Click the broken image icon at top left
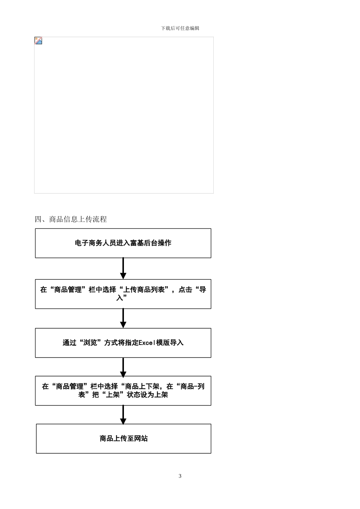pyautogui.click(x=38, y=41)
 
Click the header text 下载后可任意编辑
pyautogui.click(x=180, y=28)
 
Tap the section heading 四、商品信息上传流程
pyautogui.click(x=71, y=219)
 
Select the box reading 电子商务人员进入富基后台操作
pyautogui.click(x=123, y=243)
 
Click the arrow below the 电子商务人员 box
pyautogui.click(x=123, y=268)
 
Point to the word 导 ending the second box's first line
pyautogui.click(x=203, y=290)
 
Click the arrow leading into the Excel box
pyautogui.click(x=123, y=318)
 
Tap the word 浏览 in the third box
pyautogui.click(x=91, y=343)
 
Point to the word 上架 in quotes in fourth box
pyautogui.click(x=113, y=395)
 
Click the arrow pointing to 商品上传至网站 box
pyautogui.click(x=123, y=415)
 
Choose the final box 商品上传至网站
pyautogui.click(x=124, y=439)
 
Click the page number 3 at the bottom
pyautogui.click(x=180, y=476)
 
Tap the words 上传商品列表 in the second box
pyautogui.click(x=144, y=290)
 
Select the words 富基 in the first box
pyautogui.click(x=137, y=243)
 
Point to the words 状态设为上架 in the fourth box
pyautogui.click(x=147, y=395)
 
